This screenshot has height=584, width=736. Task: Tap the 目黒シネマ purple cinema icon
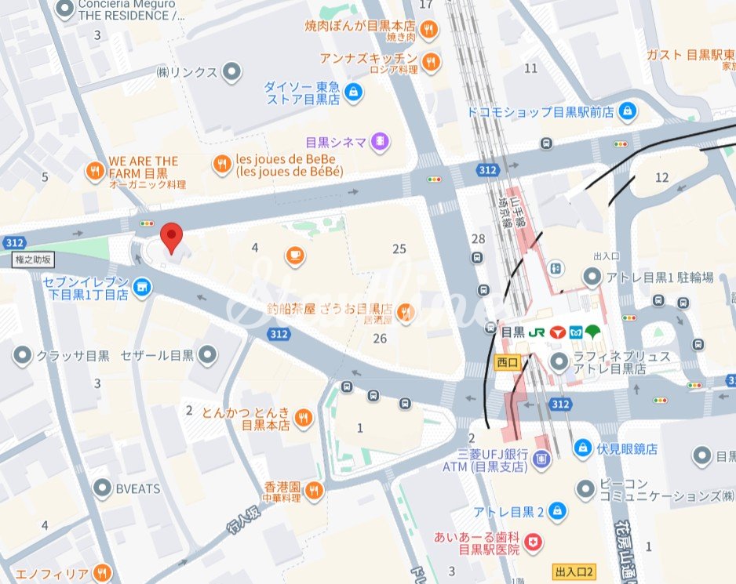click(381, 142)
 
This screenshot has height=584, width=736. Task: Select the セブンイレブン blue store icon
click(142, 288)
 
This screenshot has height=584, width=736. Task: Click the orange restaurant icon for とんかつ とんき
click(304, 419)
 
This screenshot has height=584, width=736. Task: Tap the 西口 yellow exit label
click(508, 361)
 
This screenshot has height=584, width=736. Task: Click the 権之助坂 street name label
click(33, 259)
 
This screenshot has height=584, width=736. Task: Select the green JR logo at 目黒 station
click(537, 332)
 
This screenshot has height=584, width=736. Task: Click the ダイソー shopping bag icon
click(355, 92)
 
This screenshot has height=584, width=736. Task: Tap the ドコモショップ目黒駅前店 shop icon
click(627, 112)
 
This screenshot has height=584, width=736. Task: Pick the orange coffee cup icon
click(295, 255)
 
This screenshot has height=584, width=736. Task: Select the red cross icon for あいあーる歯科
click(534, 542)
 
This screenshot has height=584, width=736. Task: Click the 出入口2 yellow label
click(574, 571)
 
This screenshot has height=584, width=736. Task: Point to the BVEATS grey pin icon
click(101, 488)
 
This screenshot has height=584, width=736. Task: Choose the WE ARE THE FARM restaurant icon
click(96, 170)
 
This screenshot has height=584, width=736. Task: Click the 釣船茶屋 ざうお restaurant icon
click(405, 313)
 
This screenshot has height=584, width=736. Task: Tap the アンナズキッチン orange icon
click(431, 60)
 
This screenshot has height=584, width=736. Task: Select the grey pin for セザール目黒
click(207, 356)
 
